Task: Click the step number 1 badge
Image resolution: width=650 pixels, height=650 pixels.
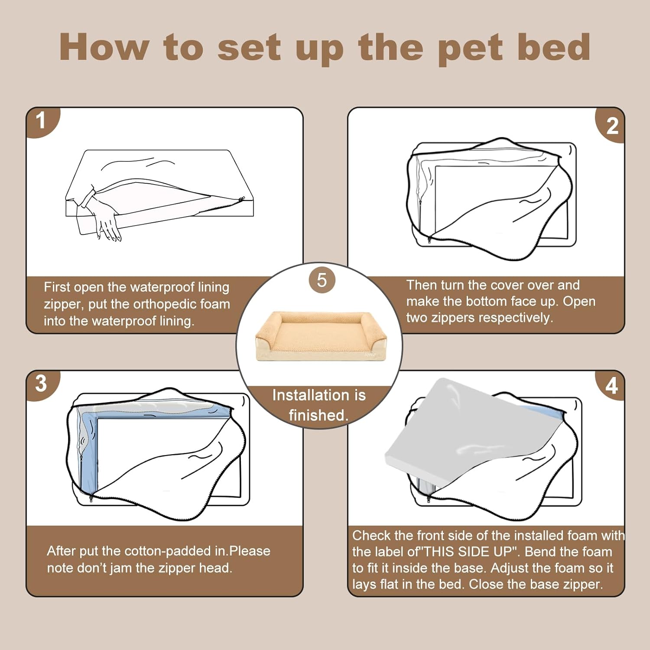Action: [41, 121]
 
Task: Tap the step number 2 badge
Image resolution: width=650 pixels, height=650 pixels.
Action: [612, 126]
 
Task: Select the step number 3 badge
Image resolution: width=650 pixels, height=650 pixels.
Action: [41, 383]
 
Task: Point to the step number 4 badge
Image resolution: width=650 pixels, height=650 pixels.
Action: [611, 385]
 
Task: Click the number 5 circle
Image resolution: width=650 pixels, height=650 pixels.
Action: [322, 280]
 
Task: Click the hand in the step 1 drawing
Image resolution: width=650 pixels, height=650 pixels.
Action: [106, 221]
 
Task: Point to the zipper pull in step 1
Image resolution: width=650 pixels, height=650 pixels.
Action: [241, 199]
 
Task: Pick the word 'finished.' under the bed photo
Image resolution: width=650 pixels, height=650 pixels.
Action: [319, 415]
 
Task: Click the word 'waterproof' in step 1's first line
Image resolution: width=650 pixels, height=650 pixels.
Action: [162, 287]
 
